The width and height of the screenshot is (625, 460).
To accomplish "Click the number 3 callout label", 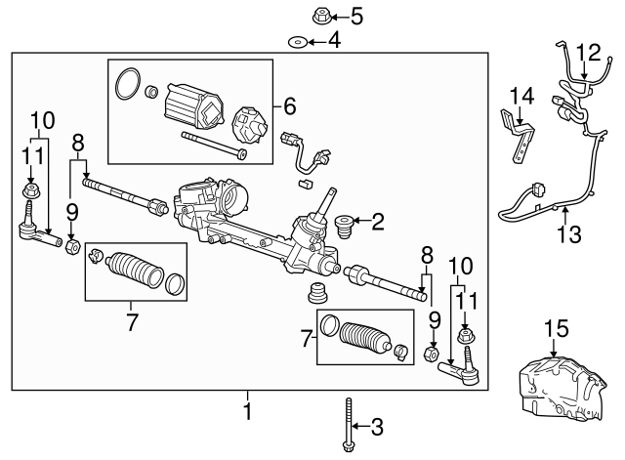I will click(x=377, y=426).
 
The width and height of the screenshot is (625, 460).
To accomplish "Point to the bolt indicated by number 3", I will click(x=349, y=424).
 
